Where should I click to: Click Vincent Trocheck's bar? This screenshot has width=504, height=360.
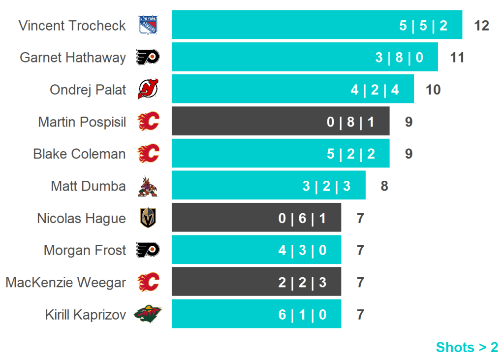(316, 25)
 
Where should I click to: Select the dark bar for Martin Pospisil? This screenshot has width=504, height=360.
(281, 121)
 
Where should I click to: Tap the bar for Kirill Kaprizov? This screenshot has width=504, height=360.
(256, 314)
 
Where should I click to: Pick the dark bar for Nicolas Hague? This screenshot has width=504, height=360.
(256, 218)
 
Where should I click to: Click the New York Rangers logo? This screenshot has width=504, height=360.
(148, 25)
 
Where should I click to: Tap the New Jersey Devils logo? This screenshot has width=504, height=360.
(148, 89)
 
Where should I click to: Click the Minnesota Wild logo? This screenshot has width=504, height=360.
(148, 314)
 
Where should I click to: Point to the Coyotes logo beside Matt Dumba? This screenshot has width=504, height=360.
(148, 186)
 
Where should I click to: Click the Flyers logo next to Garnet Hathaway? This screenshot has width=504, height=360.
(148, 57)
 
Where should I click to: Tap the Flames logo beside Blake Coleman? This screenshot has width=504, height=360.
(148, 154)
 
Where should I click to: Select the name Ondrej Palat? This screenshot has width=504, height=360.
(88, 90)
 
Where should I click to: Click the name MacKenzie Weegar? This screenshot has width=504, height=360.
(65, 283)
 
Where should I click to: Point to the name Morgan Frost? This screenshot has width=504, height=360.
(85, 250)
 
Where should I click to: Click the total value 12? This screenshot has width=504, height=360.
(481, 26)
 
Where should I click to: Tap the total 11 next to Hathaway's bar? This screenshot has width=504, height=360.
(457, 58)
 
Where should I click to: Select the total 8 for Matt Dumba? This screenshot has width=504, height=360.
(384, 186)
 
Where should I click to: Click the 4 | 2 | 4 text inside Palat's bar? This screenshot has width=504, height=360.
(375, 90)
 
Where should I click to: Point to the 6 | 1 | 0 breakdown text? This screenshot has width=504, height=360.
(302, 315)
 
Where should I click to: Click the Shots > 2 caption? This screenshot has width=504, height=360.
(467, 347)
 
